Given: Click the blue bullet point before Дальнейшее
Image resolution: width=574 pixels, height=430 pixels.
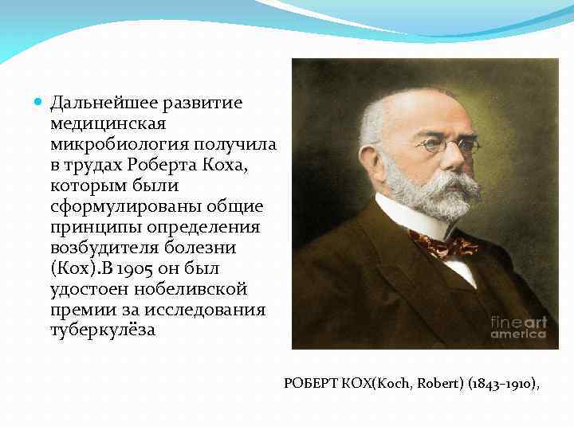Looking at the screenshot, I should tap(40, 104).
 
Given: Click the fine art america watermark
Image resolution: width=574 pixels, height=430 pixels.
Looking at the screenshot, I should tap(518, 327).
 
